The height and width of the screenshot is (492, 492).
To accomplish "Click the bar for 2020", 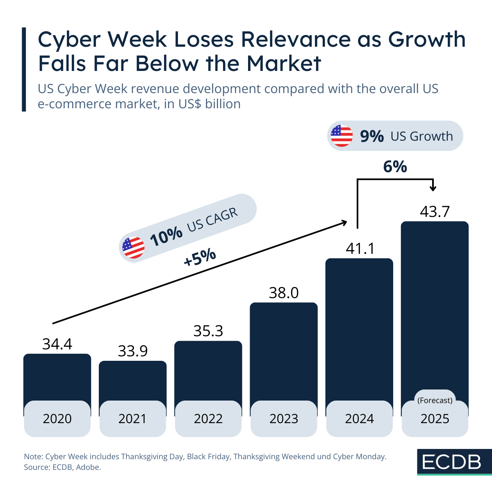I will point(57,377).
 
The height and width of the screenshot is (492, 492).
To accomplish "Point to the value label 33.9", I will point(133,351).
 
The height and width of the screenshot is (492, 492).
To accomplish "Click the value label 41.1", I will point(360,248).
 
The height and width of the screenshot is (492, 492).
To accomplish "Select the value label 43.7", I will point(435,212).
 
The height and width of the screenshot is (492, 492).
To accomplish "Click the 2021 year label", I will point(132,419).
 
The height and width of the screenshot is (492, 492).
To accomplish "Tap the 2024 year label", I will point(360,419).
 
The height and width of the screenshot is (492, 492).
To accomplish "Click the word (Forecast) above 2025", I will point(435,400).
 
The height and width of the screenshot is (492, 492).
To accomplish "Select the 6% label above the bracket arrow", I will point(395,167).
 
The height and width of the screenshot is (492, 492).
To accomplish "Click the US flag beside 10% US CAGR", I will point(133,248).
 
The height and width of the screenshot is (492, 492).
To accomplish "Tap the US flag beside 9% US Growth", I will point(342,136).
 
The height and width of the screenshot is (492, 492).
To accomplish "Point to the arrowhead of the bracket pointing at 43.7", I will point(433,188).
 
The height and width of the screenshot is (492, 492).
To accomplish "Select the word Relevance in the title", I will point(295,39).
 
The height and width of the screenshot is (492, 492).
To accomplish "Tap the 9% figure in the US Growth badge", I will point(372,136).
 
